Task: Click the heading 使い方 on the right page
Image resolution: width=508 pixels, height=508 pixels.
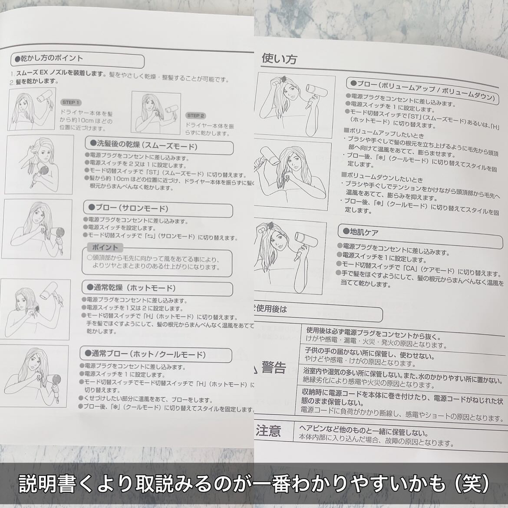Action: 279,59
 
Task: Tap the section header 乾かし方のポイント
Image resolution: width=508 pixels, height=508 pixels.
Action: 49,58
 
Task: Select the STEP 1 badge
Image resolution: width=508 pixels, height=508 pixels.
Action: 71,102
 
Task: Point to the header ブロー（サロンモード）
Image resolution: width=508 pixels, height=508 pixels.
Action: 129,208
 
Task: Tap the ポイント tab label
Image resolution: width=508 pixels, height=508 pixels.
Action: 106,247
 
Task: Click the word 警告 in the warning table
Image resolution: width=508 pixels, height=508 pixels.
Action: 274,369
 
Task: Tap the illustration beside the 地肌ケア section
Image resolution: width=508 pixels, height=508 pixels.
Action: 290,256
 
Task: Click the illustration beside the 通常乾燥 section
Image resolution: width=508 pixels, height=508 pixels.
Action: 34,309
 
